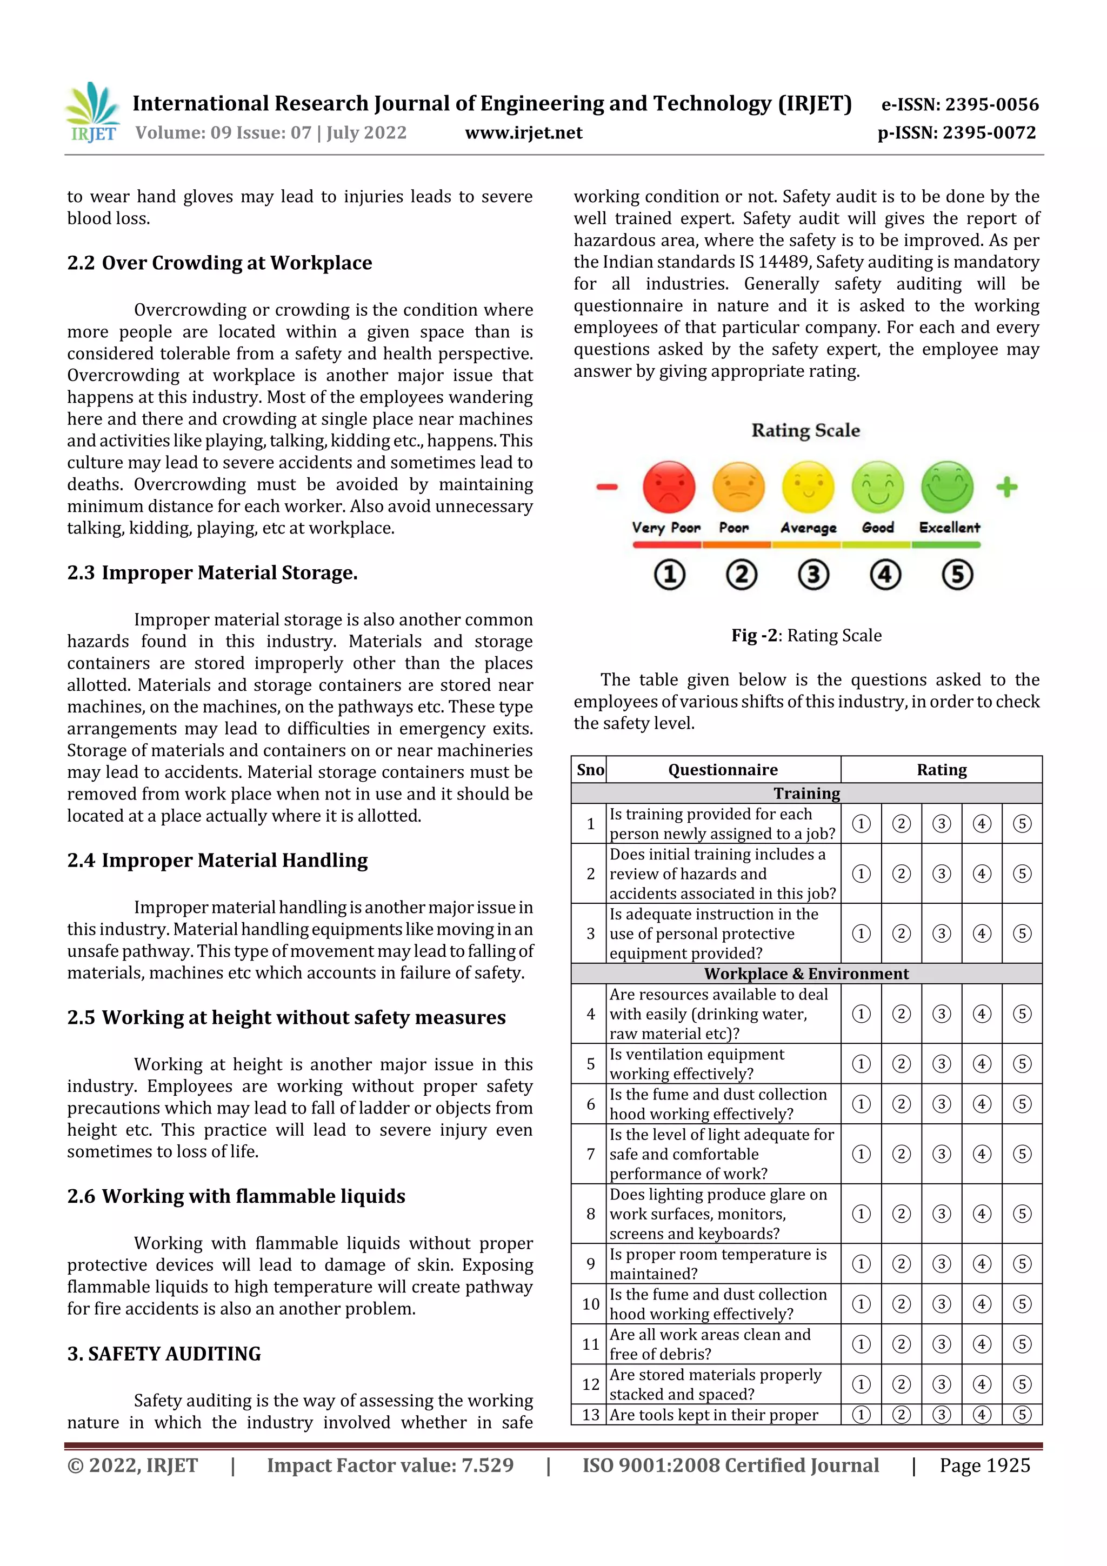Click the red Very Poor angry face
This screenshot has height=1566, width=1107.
(x=669, y=487)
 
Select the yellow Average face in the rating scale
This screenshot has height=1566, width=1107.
(x=808, y=487)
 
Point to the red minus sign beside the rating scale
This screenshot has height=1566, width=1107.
(x=606, y=487)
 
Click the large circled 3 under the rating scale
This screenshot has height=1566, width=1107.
(x=813, y=574)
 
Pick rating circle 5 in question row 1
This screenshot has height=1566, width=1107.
(x=1021, y=823)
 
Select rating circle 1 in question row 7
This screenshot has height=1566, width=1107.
(x=861, y=1154)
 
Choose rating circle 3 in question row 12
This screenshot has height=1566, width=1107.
(x=941, y=1384)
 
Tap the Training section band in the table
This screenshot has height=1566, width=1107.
(x=806, y=792)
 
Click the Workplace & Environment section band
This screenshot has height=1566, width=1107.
(x=806, y=974)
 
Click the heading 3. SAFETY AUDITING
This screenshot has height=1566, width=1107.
(x=164, y=1353)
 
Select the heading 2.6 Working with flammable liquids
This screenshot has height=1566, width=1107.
(x=236, y=1196)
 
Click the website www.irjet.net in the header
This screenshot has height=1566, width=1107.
(x=523, y=132)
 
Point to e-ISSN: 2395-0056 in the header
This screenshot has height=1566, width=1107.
(x=959, y=104)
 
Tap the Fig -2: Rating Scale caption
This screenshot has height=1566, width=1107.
(x=806, y=635)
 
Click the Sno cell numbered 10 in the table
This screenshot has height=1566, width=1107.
(x=590, y=1303)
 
